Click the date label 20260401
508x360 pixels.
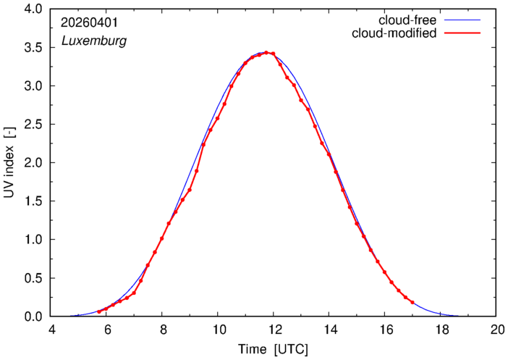click(x=90, y=22)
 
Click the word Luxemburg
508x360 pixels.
click(x=94, y=41)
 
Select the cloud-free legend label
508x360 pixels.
click(x=407, y=20)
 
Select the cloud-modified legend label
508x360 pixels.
click(x=394, y=33)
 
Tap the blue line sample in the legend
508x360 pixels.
click(x=462, y=20)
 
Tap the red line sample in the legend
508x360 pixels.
click(x=462, y=33)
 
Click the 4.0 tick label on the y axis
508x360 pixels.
click(x=33, y=9)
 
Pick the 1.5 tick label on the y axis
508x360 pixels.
click(x=33, y=201)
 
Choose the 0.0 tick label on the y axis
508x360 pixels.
click(x=33, y=317)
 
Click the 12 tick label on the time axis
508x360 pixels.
click(x=273, y=330)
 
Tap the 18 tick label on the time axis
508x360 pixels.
click(x=440, y=330)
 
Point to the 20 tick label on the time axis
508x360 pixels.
click(x=496, y=330)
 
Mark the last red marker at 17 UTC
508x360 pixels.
click(x=412, y=302)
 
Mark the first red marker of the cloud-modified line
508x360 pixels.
click(x=99, y=311)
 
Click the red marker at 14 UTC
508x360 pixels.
click(x=329, y=154)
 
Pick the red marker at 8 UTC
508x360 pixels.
click(x=161, y=238)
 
